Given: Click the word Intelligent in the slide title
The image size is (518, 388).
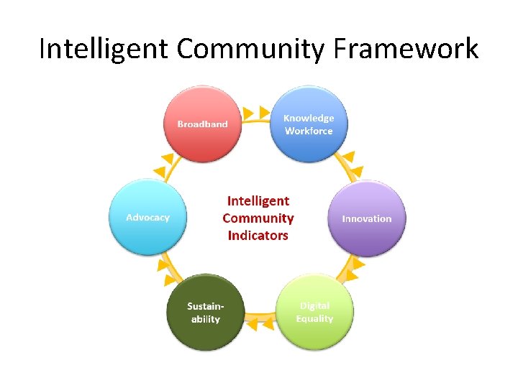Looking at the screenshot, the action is [104, 49].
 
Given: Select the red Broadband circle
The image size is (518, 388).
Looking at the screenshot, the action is [202, 124].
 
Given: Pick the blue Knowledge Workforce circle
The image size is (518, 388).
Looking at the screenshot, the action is [309, 124].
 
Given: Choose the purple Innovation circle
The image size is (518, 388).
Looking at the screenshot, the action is [367, 218].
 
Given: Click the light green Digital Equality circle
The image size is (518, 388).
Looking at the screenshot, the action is [314, 312].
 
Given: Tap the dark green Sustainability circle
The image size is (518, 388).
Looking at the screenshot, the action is [205, 312].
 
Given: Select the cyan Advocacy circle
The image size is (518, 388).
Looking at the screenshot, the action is [147, 217].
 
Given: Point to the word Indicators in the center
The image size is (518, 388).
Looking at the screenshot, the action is [258, 236].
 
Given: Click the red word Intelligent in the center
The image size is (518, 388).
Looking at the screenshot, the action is [258, 201].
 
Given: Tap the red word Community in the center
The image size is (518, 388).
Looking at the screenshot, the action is [258, 218].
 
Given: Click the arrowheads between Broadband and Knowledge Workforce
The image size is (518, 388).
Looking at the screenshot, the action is [256, 113].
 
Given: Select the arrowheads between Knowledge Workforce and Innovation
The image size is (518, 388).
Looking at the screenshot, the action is [350, 164].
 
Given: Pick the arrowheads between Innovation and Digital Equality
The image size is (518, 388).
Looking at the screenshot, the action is [352, 269].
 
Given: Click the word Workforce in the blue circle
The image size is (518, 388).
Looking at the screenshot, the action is [309, 131].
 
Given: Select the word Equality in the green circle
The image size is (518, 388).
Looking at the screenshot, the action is [314, 318].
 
